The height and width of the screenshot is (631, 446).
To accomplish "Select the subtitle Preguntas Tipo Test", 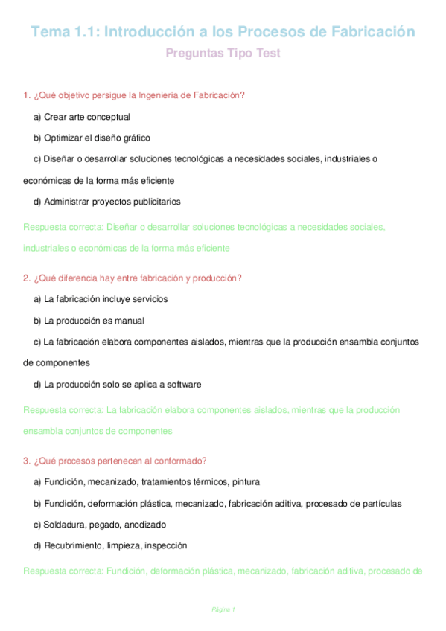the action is [x=223, y=54].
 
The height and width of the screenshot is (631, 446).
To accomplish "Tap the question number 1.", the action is [x=27, y=95].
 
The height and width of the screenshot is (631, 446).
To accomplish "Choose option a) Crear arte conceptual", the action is [x=82, y=117].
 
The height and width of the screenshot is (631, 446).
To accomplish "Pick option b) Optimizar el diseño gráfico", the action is [x=92, y=138].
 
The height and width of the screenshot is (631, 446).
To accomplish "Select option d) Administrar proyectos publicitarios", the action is [x=106, y=202].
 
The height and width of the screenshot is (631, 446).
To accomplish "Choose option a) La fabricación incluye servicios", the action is [x=101, y=299].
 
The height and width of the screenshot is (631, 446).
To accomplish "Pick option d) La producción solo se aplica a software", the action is [x=117, y=385].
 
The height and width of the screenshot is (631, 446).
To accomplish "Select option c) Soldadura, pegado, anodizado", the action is [x=100, y=524].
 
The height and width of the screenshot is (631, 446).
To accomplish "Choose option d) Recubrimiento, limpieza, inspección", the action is [x=110, y=545].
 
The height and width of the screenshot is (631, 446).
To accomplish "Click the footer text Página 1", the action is [x=223, y=609].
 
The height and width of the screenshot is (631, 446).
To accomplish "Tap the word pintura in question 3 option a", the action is [x=246, y=482].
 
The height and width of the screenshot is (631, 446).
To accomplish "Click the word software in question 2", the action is [x=184, y=385].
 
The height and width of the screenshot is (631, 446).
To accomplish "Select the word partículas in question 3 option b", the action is [x=376, y=503].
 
